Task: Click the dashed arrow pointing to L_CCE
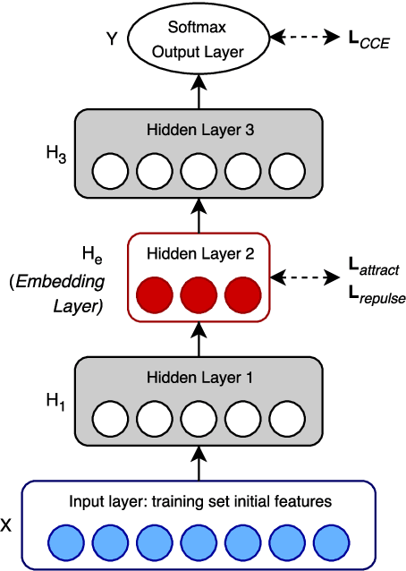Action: (x=305, y=38)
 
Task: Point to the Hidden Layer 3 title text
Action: (x=199, y=130)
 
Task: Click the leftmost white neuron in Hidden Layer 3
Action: (x=111, y=170)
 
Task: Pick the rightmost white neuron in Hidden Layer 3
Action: (x=286, y=170)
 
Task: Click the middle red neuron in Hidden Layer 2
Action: (x=199, y=294)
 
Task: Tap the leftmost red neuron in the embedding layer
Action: (x=155, y=294)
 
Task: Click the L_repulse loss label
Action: (x=376, y=292)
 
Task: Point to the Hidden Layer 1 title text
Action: (x=199, y=378)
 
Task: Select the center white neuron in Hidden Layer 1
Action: (x=199, y=418)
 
